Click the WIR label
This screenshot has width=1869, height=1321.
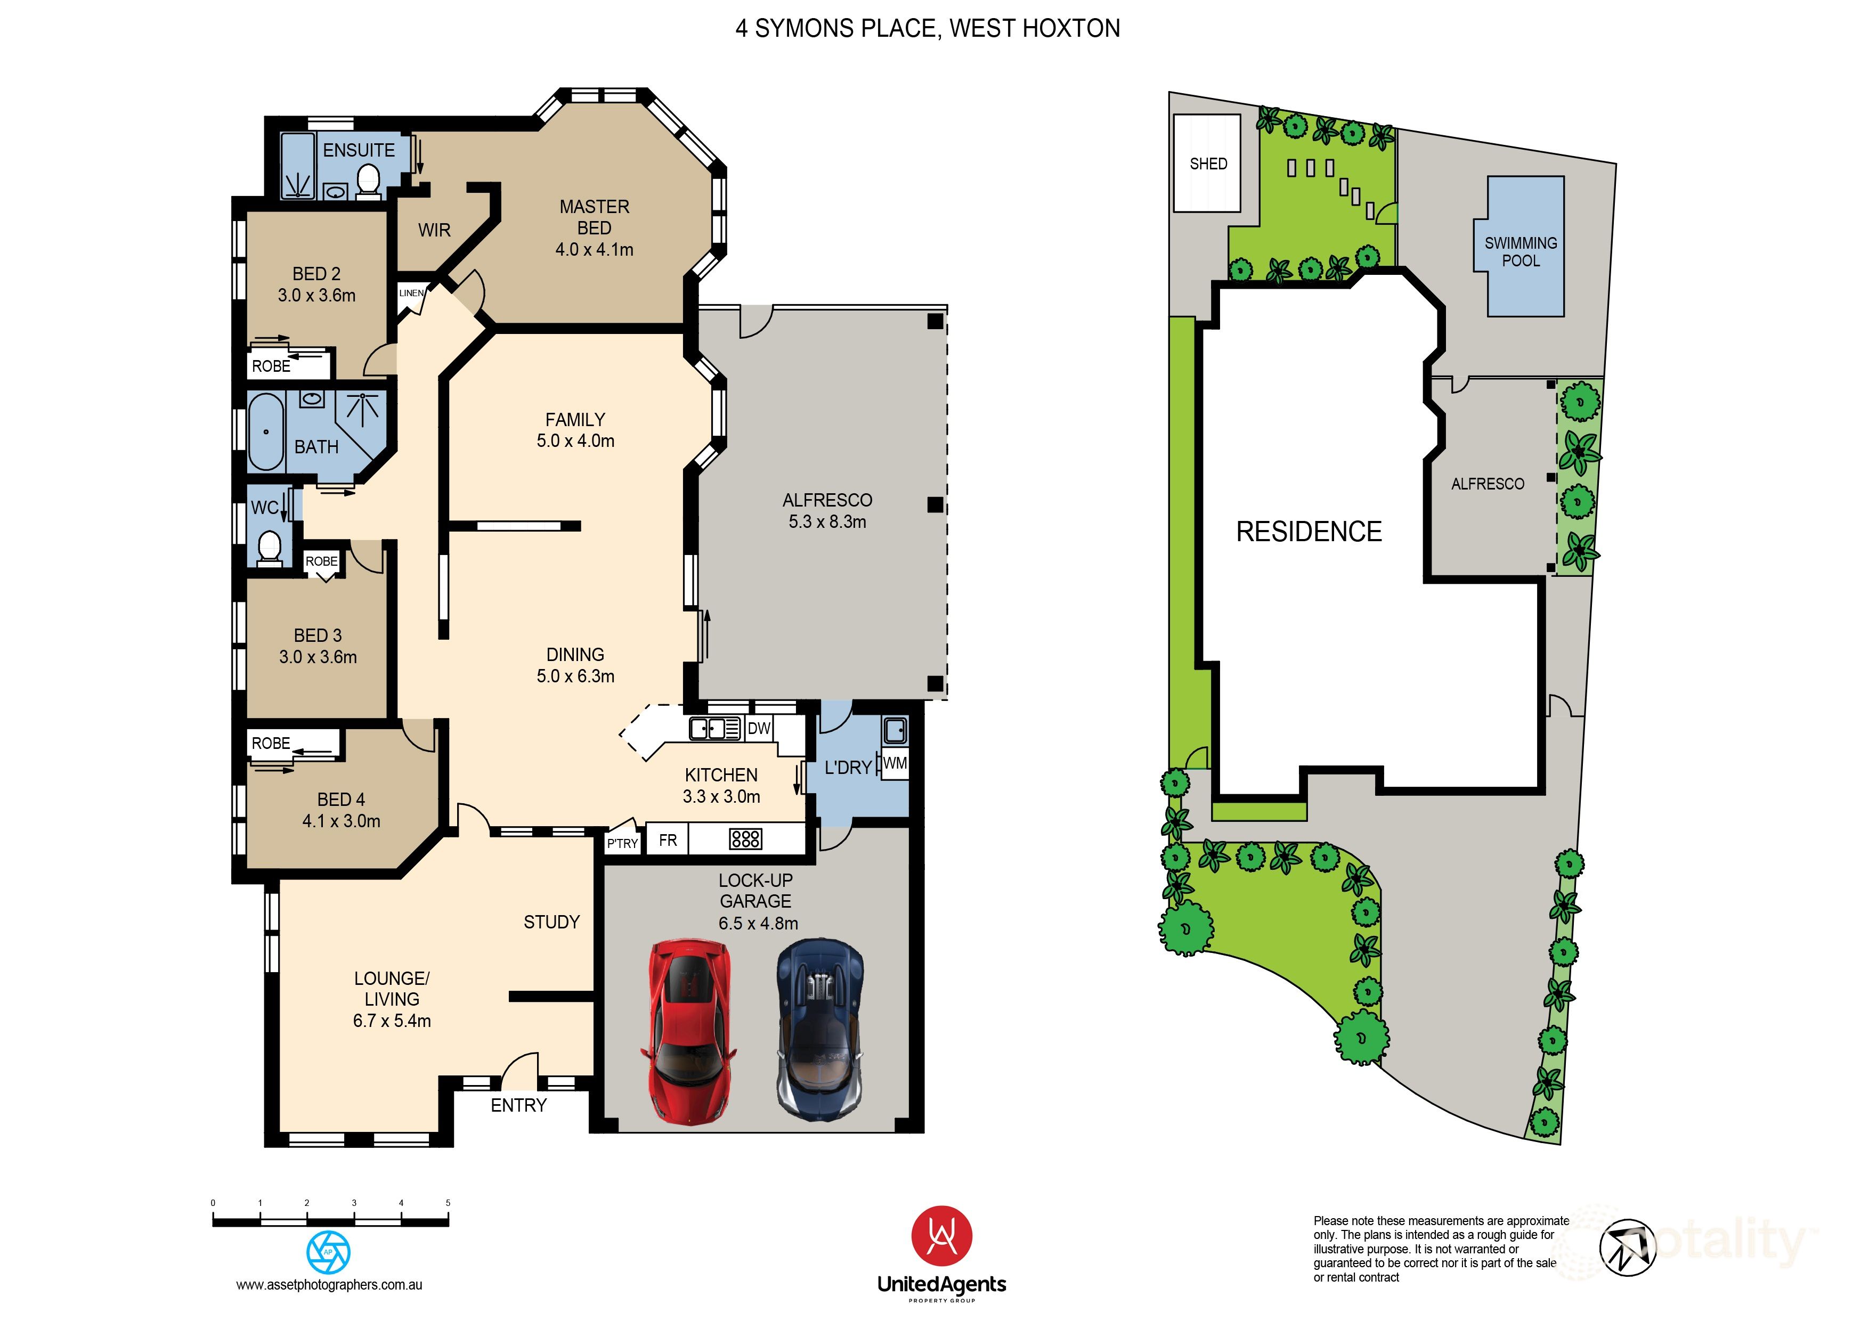pos(434,230)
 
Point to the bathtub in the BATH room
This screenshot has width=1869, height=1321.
pos(266,432)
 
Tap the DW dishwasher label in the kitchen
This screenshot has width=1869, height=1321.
pos(759,729)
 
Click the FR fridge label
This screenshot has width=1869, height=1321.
pos(668,840)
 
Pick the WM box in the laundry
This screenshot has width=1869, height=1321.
pos(895,763)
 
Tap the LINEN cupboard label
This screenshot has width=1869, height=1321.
pos(411,293)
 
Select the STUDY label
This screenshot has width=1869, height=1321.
pos(551,922)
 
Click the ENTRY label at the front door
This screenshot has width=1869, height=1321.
pos(518,1105)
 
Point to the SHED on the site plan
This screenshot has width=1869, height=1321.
pos(1207,164)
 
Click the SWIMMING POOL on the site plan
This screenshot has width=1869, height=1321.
pos(1521,251)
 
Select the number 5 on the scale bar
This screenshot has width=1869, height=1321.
pos(448,1203)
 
